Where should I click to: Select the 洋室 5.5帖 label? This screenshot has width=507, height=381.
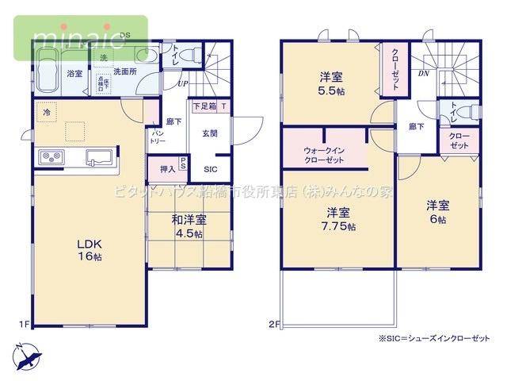(331, 84)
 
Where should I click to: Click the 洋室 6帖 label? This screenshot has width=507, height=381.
(437, 212)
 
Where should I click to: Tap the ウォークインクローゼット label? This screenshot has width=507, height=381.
(323, 154)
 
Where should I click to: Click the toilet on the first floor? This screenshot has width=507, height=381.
(185, 56)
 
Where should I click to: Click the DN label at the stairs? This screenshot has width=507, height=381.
(423, 73)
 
